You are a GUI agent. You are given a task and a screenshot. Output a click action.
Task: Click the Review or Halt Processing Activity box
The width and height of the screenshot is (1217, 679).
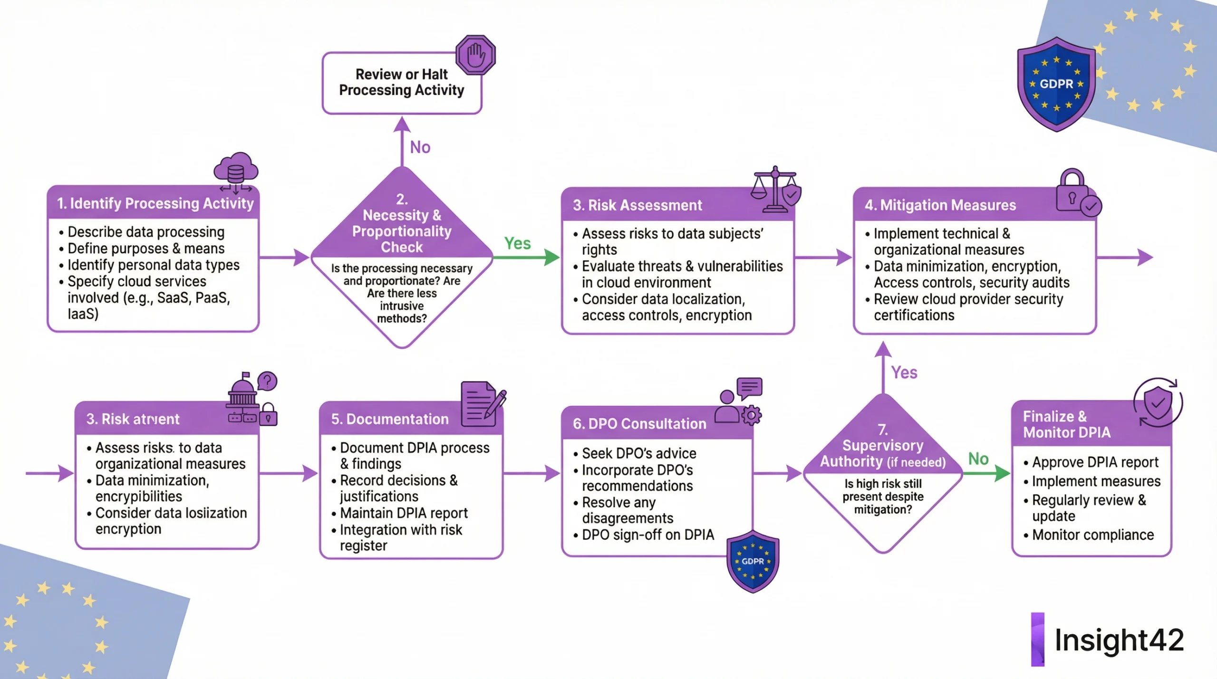402,83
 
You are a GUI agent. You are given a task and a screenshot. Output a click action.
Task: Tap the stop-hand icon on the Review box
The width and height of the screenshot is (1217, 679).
475,55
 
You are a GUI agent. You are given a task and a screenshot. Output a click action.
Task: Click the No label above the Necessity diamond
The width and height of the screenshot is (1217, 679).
420,147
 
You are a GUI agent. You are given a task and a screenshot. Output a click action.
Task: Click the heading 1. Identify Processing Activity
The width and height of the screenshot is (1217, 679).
155,203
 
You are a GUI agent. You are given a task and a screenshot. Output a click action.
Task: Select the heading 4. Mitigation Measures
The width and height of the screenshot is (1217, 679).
940,205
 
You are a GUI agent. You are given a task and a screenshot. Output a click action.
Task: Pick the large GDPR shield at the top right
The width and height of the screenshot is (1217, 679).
1056,84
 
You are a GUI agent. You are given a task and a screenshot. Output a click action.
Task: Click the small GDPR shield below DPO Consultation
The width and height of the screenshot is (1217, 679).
753,562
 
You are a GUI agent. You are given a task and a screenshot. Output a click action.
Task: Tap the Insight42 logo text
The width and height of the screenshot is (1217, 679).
1119,640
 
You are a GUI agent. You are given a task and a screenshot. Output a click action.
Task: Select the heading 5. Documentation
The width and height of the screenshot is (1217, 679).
389,419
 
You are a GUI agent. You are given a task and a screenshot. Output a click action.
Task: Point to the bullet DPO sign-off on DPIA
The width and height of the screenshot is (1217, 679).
647,535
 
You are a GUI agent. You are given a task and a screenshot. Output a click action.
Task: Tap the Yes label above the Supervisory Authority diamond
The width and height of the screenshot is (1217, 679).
904,373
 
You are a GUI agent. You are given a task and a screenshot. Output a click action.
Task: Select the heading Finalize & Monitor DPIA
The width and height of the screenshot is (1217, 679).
1066,424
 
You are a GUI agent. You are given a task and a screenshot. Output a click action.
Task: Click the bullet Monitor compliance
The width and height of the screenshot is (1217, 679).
1092,535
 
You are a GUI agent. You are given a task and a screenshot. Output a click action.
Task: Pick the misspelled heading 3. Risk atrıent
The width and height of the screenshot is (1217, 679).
133,419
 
